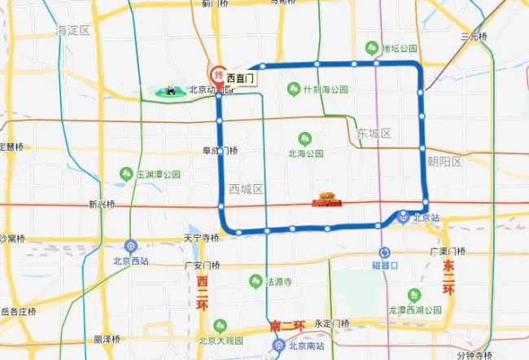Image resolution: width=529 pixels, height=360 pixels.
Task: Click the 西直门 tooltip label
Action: [x=241, y=78]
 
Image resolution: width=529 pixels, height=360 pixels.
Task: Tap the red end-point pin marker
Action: [x=218, y=73]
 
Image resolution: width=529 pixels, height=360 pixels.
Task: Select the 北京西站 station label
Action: [x=132, y=261]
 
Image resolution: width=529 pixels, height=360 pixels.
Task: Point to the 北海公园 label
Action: [x=306, y=152]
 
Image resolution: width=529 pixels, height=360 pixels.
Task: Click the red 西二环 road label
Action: [x=202, y=293]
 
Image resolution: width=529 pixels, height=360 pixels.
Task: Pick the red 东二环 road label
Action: [x=447, y=278]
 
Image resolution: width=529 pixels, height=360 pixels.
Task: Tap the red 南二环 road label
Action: [x=286, y=326]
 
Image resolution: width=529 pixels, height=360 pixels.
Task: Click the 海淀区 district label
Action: [x=72, y=30]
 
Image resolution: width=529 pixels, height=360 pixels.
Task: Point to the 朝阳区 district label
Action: [x=445, y=162]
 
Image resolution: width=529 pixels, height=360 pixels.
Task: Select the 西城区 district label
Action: [x=246, y=189]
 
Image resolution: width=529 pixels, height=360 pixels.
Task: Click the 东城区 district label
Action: [x=374, y=133]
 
